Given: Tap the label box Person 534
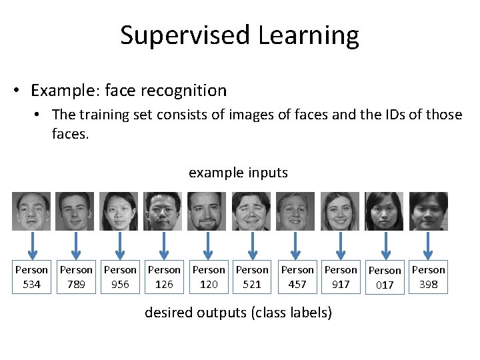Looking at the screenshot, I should pyautogui.click(x=31, y=277).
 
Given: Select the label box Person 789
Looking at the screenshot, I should pyautogui.click(x=76, y=277).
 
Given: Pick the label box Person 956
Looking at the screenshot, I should pyautogui.click(x=120, y=277).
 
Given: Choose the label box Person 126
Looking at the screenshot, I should pyautogui.click(x=164, y=277).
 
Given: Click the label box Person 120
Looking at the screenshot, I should pyautogui.click(x=209, y=277).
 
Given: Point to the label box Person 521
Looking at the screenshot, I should pyautogui.click(x=252, y=277).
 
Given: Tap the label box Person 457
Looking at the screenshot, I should pyautogui.click(x=297, y=277).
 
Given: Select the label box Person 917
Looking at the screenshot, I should pyautogui.click(x=341, y=277).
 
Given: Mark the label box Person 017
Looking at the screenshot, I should pyautogui.click(x=385, y=278).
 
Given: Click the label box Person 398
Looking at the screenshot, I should pyautogui.click(x=429, y=277).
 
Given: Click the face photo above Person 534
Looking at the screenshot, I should pyautogui.click(x=31, y=211).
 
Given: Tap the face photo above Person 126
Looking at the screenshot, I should pyautogui.click(x=163, y=211).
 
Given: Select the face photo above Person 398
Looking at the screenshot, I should pyautogui.click(x=428, y=211).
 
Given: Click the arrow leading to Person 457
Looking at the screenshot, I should pyautogui.click(x=295, y=246).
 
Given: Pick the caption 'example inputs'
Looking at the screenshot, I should pyautogui.click(x=238, y=173).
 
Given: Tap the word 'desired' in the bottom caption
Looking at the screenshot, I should pyautogui.click(x=168, y=312).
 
